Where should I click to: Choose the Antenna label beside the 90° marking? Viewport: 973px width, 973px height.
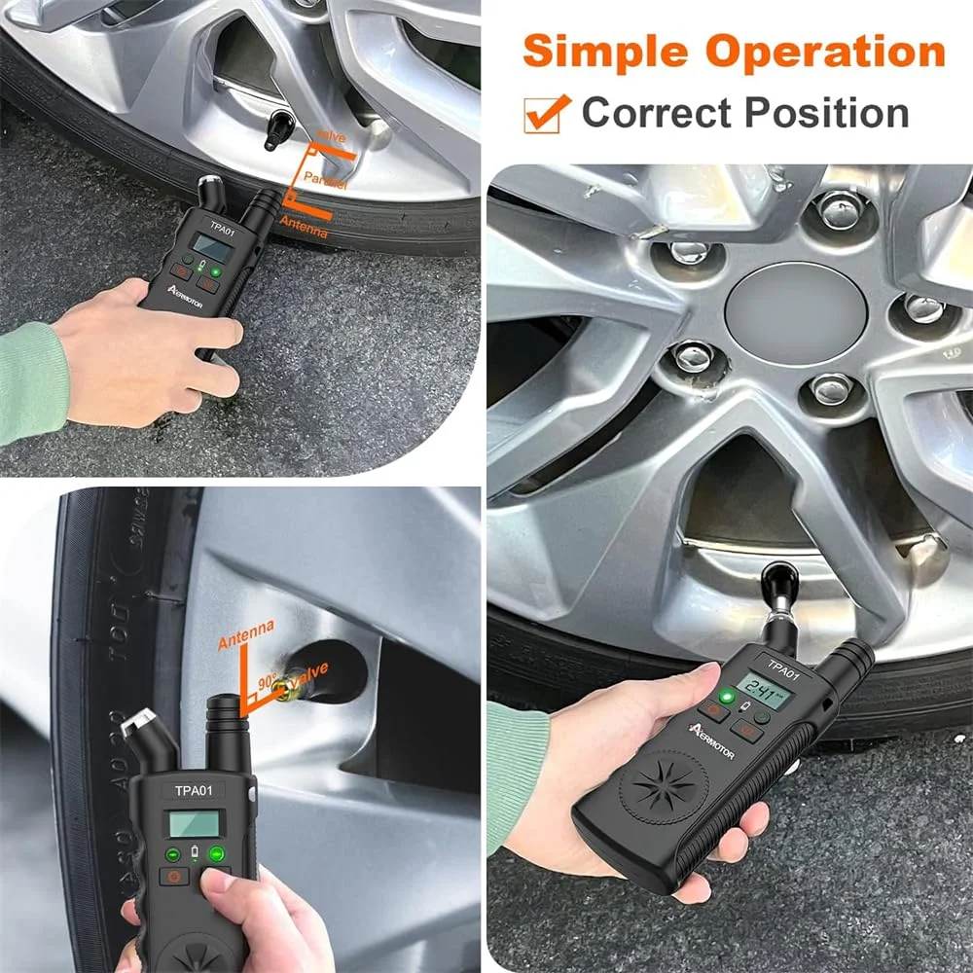point(245,641)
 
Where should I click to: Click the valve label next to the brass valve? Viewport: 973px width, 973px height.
point(308,672)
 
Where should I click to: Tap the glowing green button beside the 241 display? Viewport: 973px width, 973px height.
point(726,698)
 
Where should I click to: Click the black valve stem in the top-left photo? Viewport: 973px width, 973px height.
point(280,128)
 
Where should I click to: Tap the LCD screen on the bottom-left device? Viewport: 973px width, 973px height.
point(196,823)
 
